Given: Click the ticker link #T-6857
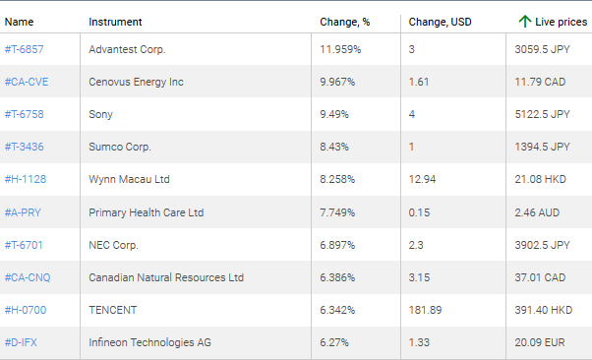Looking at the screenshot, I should tap(25, 49).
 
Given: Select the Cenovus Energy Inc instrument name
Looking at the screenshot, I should tap(136, 82).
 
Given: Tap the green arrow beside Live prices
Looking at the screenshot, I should tap(524, 22).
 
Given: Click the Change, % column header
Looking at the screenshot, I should tap(344, 22).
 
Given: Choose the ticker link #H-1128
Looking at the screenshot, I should tap(26, 179).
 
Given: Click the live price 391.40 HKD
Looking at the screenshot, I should tap(543, 310).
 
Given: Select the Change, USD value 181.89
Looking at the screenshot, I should tap(425, 310).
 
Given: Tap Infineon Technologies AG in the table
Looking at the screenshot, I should tap(149, 342).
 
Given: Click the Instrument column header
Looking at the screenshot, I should tap(115, 22).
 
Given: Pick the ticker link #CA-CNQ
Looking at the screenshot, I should tap(28, 277).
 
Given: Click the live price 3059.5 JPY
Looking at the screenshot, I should tap(542, 49).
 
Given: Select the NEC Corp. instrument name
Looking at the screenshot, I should tap(114, 245).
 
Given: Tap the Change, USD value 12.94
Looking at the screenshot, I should tap(422, 179).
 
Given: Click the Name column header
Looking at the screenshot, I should tap(19, 22).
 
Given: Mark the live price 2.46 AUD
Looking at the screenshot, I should tap(537, 212).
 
